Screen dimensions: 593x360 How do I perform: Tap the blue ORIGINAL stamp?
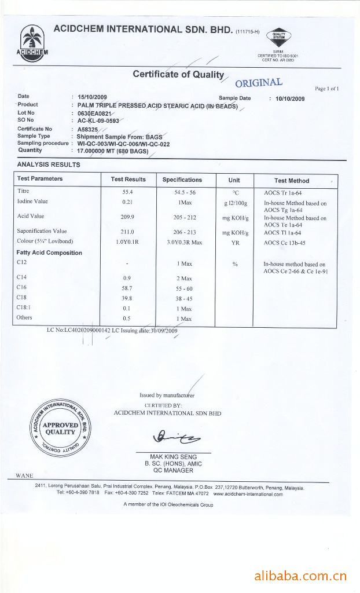[259, 82]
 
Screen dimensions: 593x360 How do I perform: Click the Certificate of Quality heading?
[178, 74]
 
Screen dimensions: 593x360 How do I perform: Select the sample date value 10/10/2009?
[290, 98]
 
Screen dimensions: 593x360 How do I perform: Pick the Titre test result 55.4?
[128, 191]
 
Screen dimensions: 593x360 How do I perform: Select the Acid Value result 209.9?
[128, 217]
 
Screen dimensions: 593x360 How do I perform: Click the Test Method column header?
[292, 181]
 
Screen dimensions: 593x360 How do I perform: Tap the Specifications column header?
[182, 180]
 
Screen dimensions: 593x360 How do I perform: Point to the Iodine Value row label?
[32, 202]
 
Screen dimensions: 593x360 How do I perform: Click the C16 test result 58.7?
[128, 287]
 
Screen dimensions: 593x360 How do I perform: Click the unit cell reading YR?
[235, 243]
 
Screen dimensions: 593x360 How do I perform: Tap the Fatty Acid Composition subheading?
[50, 252]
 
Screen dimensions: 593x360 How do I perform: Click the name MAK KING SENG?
[174, 457]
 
